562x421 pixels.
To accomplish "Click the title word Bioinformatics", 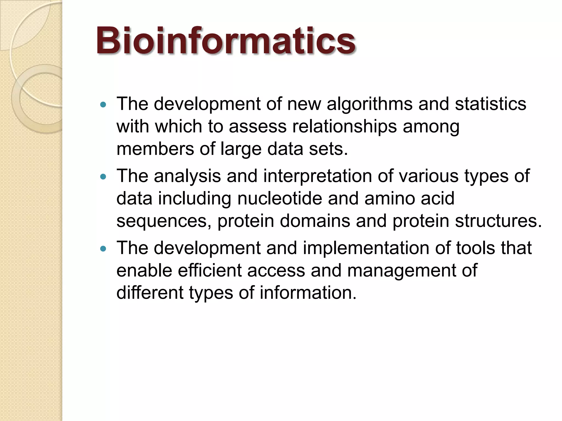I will pos(226,41).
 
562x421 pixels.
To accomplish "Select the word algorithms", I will pos(369,104).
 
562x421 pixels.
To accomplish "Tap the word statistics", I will pos(490,104).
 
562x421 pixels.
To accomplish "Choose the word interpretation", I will pos(317,176).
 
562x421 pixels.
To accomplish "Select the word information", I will pos(308,293).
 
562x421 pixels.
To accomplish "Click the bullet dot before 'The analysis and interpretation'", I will pos(103,177).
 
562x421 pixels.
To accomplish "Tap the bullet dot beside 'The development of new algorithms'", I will pos(103,104).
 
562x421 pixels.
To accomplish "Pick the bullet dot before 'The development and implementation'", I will pos(103,249).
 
